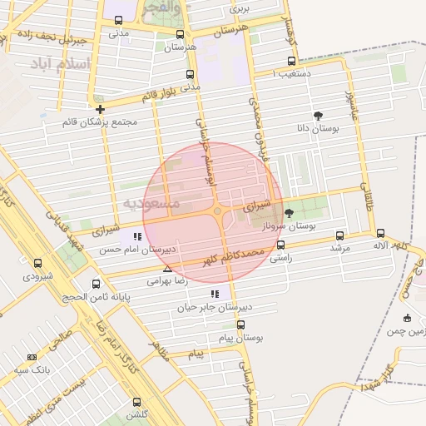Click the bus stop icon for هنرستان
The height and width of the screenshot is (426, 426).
[181, 34]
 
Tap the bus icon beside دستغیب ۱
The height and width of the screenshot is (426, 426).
[290, 61]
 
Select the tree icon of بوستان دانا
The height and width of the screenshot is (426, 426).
[318, 116]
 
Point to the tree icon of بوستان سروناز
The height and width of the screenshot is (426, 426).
[289, 214]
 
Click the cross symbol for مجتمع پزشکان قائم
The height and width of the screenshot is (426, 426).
[100, 109]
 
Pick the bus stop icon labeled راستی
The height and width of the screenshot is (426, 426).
[280, 245]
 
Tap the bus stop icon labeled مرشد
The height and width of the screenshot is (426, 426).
[338, 235]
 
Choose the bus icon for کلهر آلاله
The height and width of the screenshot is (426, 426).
[380, 234]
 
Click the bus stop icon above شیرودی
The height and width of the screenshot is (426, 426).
[38, 263]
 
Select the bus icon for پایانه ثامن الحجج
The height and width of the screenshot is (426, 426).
[96, 284]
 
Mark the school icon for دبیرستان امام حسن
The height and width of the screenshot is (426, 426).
[137, 236]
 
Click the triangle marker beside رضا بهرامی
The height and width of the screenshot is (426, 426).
[168, 270]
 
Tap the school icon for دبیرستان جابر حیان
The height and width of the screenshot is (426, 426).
[215, 294]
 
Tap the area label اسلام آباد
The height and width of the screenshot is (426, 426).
[63, 65]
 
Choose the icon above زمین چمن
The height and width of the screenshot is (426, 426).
[406, 318]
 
